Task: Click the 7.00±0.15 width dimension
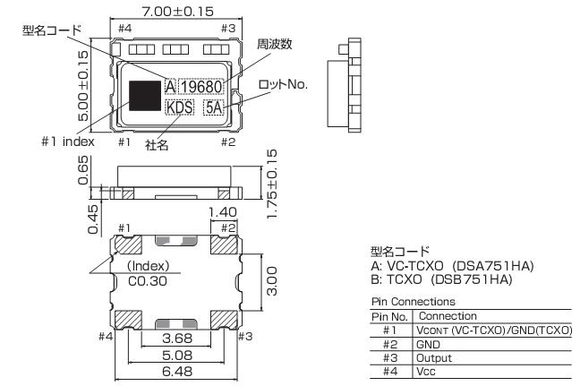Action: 177,11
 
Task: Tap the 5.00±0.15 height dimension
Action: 83,86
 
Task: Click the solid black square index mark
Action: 145,96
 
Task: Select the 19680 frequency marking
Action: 201,87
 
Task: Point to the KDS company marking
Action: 180,107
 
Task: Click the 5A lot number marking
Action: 214,107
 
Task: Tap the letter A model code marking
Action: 170,87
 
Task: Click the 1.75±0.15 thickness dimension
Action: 271,184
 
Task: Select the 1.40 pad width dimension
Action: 222,212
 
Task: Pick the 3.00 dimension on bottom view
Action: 271,281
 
